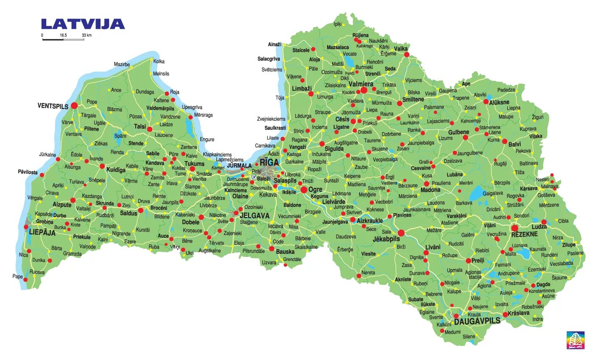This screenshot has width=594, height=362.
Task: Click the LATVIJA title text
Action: tap(83, 24)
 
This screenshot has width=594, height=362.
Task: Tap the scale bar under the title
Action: tap(63, 39)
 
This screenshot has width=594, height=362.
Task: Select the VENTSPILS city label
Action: tap(53, 106)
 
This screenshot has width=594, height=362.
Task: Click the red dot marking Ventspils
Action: tap(74, 105)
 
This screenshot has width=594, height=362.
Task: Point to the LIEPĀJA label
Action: tap(42, 232)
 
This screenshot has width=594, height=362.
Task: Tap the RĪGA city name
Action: tap(269, 162)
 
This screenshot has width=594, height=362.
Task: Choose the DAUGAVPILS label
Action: tap(477, 321)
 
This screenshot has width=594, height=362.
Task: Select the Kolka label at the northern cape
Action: tap(159, 61)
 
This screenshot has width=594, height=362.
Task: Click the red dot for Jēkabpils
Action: tap(401, 232)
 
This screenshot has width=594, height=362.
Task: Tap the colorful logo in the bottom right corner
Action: tap(576, 340)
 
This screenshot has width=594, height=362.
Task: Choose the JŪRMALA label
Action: tap(240, 165)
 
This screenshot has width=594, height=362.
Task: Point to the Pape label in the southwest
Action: tap(17, 276)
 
